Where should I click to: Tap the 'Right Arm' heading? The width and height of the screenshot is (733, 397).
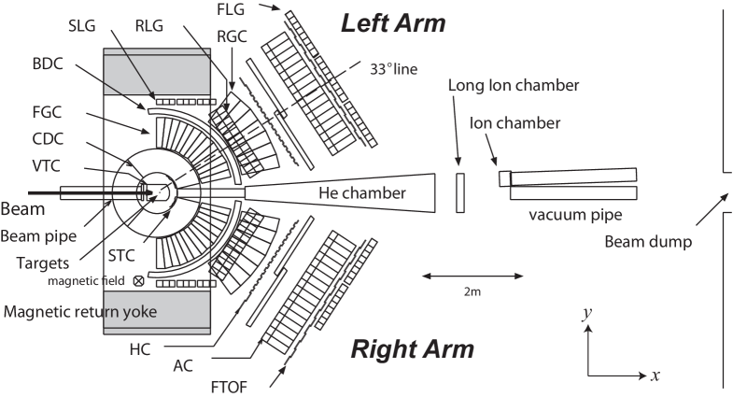[412, 349]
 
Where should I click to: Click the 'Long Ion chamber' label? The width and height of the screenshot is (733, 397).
[513, 86]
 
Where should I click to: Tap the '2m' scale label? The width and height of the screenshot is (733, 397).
[472, 291]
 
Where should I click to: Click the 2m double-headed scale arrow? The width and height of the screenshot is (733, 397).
[472, 276]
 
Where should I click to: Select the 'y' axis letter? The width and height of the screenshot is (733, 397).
[585, 313]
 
